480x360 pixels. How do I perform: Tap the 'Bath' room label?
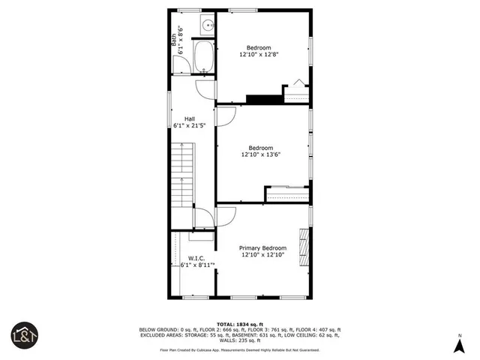(173, 34)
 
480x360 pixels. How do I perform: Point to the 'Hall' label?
(190, 118)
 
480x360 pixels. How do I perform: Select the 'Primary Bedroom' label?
(262, 248)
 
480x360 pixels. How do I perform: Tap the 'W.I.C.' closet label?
(196, 257)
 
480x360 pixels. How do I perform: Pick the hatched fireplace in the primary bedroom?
(304, 247)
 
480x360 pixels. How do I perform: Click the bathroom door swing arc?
(205, 88)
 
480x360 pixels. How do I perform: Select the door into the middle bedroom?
(226, 116)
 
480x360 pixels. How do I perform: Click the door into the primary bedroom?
(226, 216)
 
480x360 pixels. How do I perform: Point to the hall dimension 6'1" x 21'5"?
(190, 126)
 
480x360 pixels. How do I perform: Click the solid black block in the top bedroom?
(262, 99)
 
